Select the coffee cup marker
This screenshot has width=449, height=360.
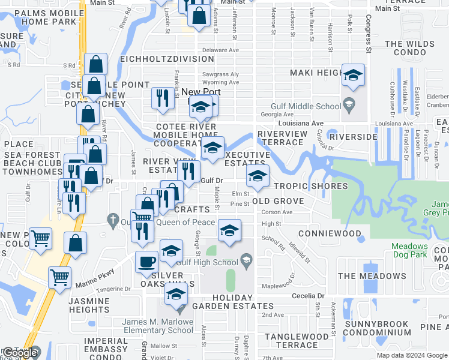[x=147, y=262]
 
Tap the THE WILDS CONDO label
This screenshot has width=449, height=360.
[x=409, y=49]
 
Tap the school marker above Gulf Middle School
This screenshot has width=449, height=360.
[x=354, y=76]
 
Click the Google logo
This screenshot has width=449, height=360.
[x=20, y=353]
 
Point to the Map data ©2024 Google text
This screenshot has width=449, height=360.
[x=411, y=355]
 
